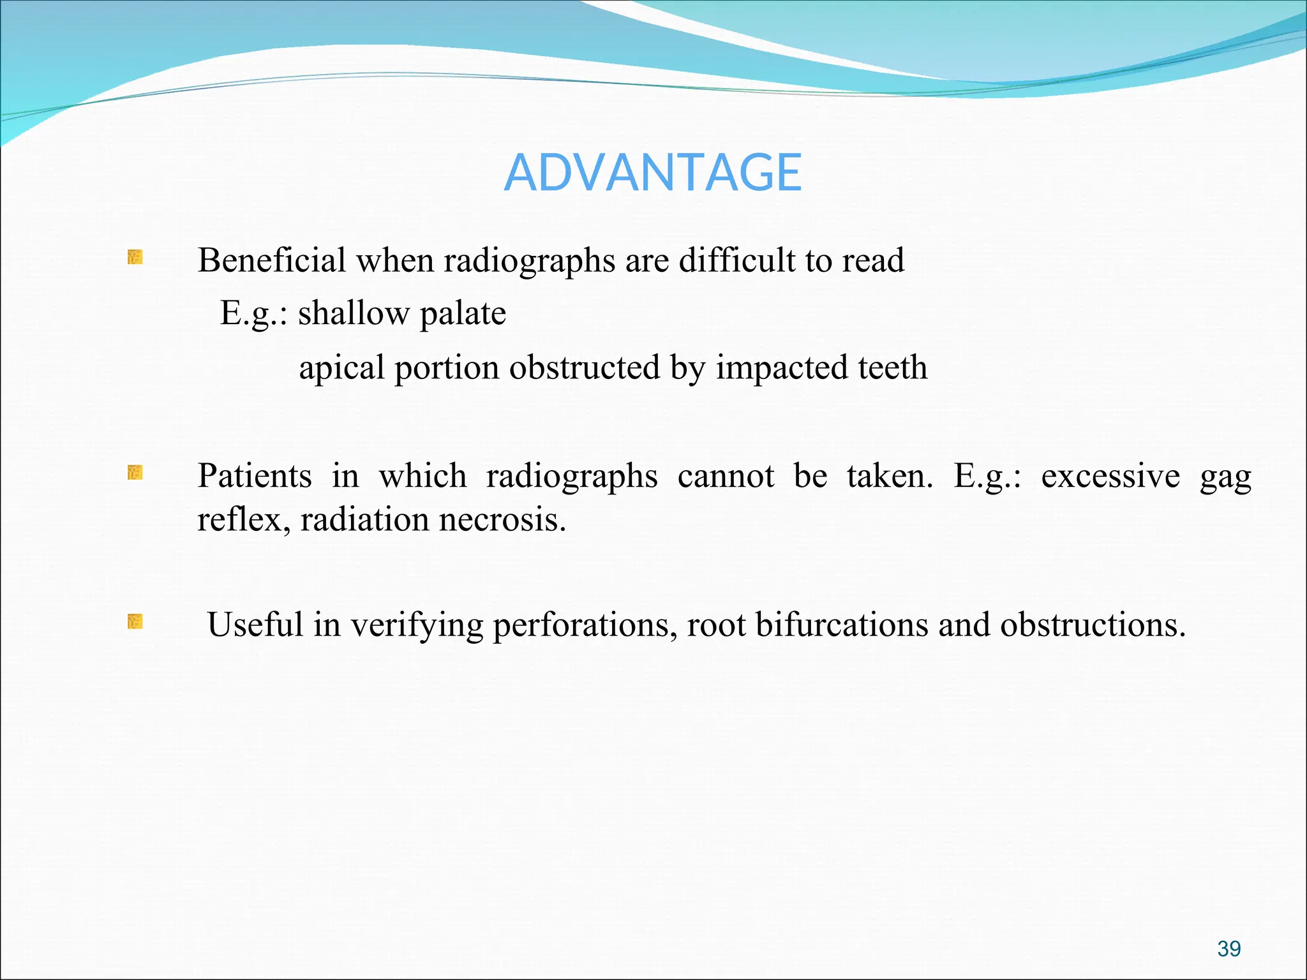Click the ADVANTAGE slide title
tap(652, 173)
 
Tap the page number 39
tap(1229, 949)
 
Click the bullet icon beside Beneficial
tap(135, 258)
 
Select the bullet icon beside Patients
tap(135, 473)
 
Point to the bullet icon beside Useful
tap(135, 621)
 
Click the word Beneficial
tap(271, 260)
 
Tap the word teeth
tap(892, 367)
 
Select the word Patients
tap(254, 476)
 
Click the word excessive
tap(1110, 477)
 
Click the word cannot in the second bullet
tap(726, 477)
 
